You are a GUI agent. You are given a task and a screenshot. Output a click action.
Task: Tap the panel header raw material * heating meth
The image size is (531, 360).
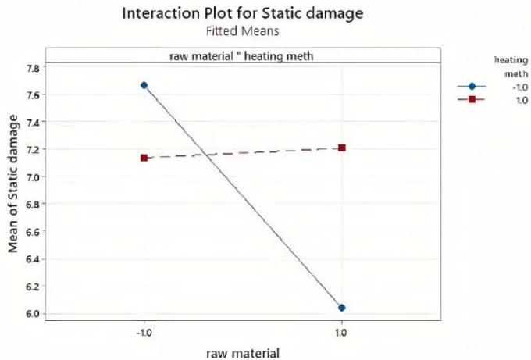tap(243, 55)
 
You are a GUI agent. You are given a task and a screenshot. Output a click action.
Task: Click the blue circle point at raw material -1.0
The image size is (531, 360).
tap(144, 85)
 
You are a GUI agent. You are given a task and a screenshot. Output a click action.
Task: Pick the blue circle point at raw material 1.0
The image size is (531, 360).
tap(342, 307)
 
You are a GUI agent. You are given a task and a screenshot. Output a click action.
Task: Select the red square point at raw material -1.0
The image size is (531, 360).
tap(144, 158)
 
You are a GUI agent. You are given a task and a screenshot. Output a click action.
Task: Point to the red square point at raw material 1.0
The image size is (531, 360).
tap(342, 148)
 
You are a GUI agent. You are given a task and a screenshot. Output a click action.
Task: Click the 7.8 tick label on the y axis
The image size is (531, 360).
tap(31, 68)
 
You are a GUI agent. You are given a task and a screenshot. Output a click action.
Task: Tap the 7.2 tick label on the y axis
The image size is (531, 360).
tap(31, 149)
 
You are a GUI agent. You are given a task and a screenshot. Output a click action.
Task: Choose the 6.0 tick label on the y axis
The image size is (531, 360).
tap(31, 314)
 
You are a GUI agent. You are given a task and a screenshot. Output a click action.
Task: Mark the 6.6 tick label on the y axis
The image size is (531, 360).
tap(31, 232)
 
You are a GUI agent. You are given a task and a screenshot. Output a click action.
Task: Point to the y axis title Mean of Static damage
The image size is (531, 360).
tap(12, 184)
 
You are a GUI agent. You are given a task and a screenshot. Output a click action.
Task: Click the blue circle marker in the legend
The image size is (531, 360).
tap(472, 86)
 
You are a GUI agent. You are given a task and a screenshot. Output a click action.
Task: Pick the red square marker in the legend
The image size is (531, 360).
tap(472, 100)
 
